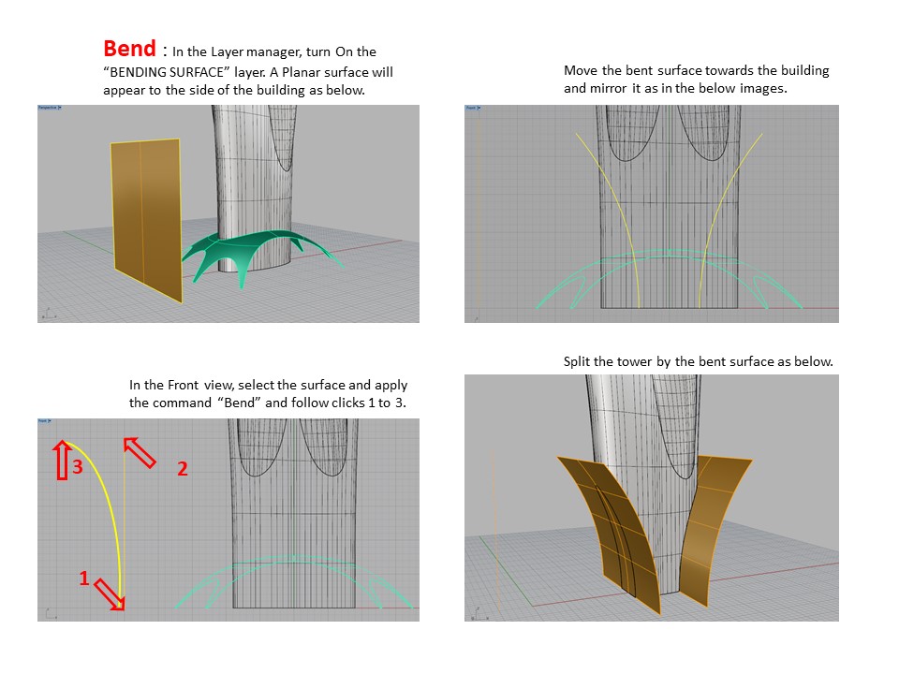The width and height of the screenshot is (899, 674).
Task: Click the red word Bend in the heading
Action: click(129, 49)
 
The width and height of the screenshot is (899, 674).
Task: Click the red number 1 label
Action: click(83, 579)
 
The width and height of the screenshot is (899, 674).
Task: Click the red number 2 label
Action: click(183, 470)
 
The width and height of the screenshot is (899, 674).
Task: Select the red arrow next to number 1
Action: click(110, 593)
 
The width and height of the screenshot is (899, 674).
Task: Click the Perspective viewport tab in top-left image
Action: click(50, 109)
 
